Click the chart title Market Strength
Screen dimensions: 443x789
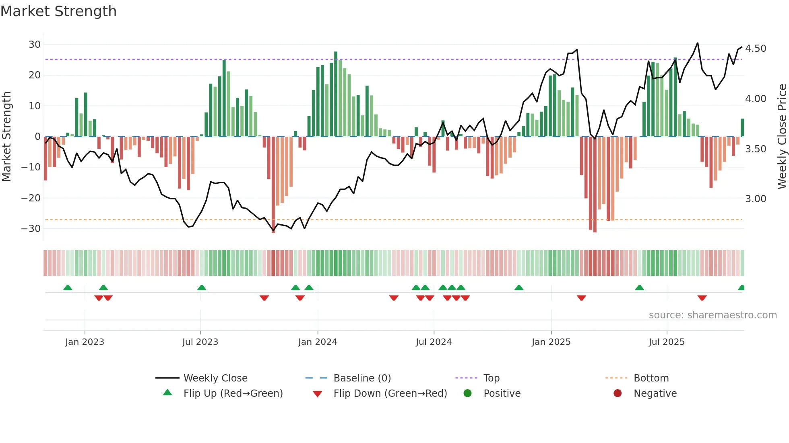tap(58, 11)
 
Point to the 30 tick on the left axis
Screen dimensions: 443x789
tap(35, 45)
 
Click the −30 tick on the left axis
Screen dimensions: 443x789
tap(31, 229)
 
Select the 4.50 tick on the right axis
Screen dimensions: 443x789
tap(756, 49)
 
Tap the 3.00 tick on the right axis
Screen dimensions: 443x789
tap(756, 199)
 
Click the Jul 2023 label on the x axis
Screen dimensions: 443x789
tap(200, 342)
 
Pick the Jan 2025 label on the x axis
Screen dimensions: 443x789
tap(551, 342)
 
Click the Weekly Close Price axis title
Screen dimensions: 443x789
tap(782, 137)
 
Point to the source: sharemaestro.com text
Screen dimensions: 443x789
tap(713, 315)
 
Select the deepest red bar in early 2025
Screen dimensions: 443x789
tap(595, 184)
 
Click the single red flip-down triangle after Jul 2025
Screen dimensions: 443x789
tap(702, 298)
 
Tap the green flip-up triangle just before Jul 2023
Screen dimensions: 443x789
tap(202, 287)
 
